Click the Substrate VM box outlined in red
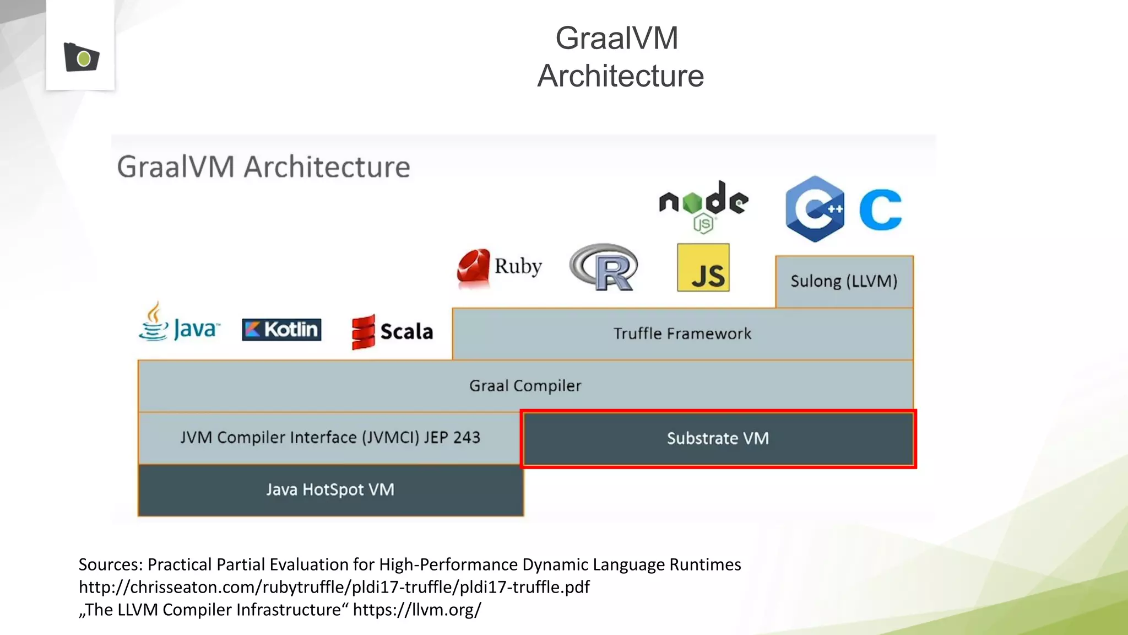pyautogui.click(x=718, y=439)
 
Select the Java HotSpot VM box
pyautogui.click(x=330, y=490)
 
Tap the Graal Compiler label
pyautogui.click(x=525, y=386)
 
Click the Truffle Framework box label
pyautogui.click(x=682, y=334)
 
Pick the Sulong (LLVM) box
pyautogui.click(x=844, y=282)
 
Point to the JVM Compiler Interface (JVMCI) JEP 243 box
pyautogui.click(x=330, y=438)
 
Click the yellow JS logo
pyautogui.click(x=703, y=268)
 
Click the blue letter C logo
pyautogui.click(x=880, y=209)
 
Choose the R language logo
pyautogui.click(x=604, y=267)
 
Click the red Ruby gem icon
pyautogui.click(x=474, y=267)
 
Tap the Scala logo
pyautogui.click(x=392, y=332)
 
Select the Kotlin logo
pyautogui.click(x=281, y=330)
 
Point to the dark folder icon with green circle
pyautogui.click(x=82, y=57)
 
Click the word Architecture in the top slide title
pyautogui.click(x=621, y=76)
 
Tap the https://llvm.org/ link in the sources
pyautogui.click(x=417, y=610)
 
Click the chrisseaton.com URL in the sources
pyautogui.click(x=334, y=587)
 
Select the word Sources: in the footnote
pyautogui.click(x=111, y=564)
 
